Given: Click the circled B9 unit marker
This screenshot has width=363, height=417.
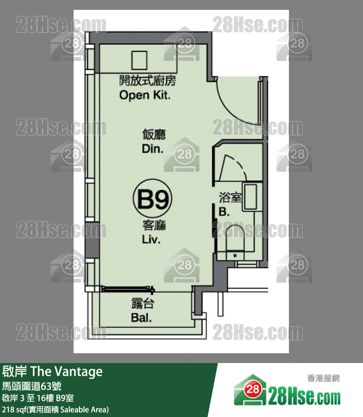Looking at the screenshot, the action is point(153,198).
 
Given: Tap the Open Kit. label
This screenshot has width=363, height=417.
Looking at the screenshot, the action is point(145,95).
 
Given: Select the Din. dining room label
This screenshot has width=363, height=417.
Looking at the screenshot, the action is point(153,149).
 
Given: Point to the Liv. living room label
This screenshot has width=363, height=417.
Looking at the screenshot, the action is point(151,239).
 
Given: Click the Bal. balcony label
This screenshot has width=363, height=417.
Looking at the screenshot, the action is point(141,317).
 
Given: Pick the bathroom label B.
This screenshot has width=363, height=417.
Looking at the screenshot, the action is point(224,212).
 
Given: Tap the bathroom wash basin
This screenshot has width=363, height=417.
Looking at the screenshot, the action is point(251,197).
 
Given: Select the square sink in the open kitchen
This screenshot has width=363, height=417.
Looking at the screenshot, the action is point(139,60).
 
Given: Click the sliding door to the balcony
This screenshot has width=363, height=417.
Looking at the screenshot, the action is point(128,289).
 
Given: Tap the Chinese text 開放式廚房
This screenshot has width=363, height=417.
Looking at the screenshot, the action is point(148,80).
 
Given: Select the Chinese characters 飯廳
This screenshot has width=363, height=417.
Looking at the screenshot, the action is point(154,134).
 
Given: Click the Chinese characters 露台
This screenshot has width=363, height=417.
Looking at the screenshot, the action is point(143,304).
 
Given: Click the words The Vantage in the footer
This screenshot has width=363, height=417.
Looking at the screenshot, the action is point(67,371).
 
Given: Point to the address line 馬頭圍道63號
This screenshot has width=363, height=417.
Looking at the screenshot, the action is point(32,386).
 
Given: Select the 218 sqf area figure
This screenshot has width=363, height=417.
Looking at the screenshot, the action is point(14,409).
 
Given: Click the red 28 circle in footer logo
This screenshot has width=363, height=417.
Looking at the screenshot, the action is point(252,390).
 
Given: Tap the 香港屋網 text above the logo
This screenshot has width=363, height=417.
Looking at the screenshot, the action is point(323,378).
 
